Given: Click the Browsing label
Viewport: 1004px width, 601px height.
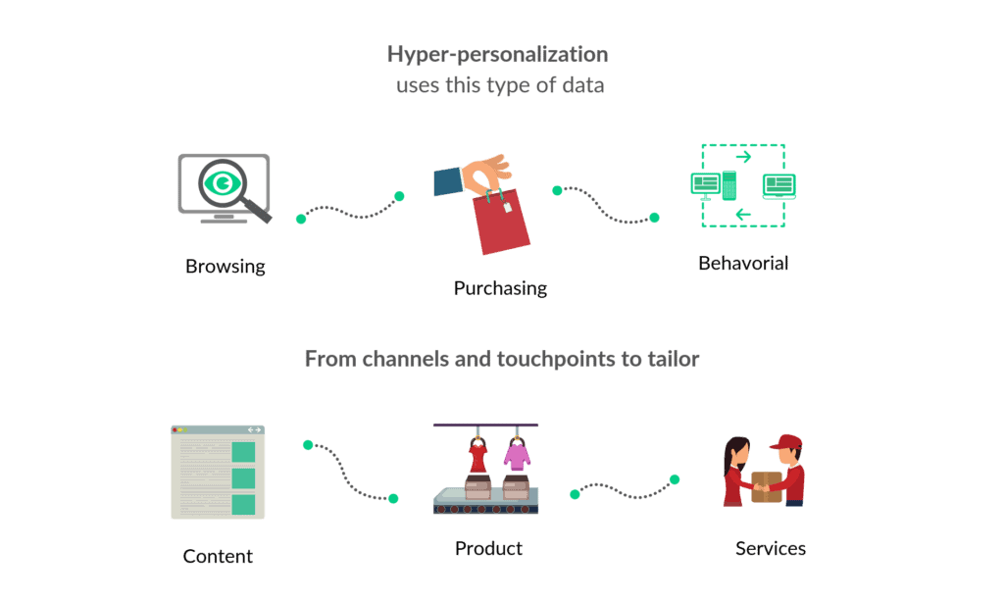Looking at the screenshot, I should (226, 266).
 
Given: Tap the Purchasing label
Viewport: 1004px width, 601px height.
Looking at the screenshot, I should (500, 288).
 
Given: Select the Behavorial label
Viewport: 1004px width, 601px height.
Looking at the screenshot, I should (743, 263).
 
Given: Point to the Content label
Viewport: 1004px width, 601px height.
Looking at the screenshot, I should (218, 557).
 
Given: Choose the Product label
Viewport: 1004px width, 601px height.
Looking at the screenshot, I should (488, 548).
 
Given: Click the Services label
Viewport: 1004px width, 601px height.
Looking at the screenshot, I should (771, 548).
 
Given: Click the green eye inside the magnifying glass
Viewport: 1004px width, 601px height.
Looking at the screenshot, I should (225, 183).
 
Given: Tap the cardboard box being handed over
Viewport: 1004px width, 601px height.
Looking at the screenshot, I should (767, 486).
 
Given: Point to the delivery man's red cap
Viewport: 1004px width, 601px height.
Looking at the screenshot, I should (785, 442).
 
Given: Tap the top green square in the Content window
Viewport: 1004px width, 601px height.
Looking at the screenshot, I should (242, 452).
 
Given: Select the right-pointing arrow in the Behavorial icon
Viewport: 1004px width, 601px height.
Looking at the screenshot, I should (743, 156).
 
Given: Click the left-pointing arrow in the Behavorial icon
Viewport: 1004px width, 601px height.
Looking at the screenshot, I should (743, 214).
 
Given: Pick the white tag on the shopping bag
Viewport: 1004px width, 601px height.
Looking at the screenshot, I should (509, 208).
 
